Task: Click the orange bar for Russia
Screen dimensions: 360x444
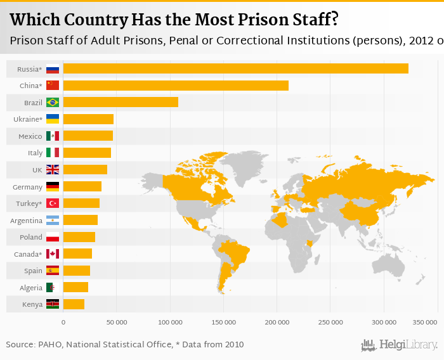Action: pos(235,68)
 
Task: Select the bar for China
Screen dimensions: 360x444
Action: pos(176,86)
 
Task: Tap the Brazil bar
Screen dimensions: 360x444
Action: pos(121,102)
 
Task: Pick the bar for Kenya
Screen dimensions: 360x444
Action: pos(74,304)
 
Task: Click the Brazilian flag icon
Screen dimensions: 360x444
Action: pos(53,102)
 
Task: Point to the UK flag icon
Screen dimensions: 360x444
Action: pos(53,170)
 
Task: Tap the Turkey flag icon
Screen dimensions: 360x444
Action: pos(53,203)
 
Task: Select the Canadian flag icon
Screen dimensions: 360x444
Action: pos(53,254)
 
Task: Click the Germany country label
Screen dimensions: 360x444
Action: pos(27,187)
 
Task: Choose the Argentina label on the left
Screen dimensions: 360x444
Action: pos(26,221)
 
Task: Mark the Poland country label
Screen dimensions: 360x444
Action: pos(30,237)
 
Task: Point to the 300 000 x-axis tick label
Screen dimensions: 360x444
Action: pos(383,323)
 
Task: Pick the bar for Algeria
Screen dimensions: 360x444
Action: pos(75,288)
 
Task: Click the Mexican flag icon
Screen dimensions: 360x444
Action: pos(53,136)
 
